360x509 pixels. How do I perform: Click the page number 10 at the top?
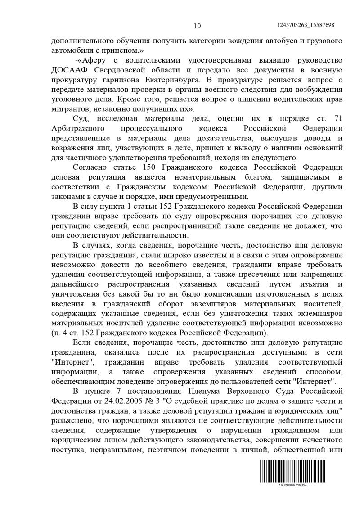click(197, 25)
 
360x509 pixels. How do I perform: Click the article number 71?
click(338, 118)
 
